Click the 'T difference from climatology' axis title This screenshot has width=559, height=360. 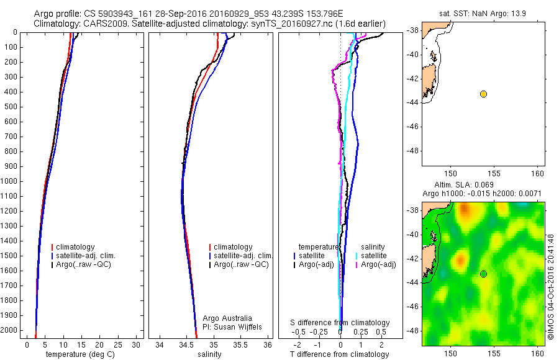(x=339, y=354)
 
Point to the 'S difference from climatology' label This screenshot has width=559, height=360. (x=340, y=323)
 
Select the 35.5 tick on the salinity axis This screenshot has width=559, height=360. (x=240, y=344)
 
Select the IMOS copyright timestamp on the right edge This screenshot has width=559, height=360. (x=550, y=286)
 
